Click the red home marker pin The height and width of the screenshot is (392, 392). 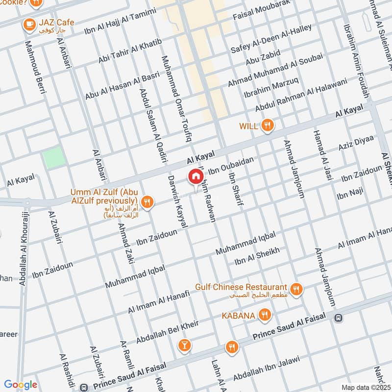(x=195, y=176)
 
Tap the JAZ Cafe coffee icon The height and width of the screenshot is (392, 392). (x=29, y=23)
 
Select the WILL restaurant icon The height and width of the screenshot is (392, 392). (x=267, y=126)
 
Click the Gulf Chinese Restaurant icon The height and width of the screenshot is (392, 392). (x=295, y=289)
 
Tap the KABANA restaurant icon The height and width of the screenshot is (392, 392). (x=265, y=315)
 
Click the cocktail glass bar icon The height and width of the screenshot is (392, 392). (x=184, y=346)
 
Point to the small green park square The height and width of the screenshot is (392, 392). (x=53, y=158)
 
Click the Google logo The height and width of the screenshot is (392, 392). (x=20, y=385)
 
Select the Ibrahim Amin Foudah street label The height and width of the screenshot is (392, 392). (x=356, y=54)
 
